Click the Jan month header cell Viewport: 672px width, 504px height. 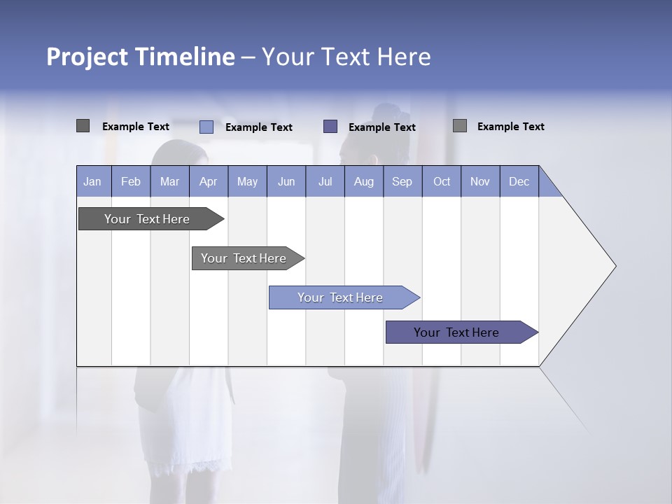click(93, 181)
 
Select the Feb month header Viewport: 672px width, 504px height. click(131, 181)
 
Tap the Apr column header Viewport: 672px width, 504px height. click(209, 181)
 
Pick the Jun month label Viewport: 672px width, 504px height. click(286, 181)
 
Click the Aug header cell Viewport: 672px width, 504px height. click(364, 181)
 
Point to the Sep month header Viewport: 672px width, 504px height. click(402, 181)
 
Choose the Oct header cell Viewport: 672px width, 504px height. click(442, 181)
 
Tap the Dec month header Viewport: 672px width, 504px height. click(519, 181)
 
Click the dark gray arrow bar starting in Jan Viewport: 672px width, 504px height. click(147, 219)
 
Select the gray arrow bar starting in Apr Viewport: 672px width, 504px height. click(244, 258)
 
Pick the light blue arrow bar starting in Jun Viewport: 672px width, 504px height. click(340, 297)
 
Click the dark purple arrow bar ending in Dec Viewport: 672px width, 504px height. click(456, 332)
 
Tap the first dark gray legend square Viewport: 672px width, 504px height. click(83, 126)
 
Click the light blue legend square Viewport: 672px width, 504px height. click(206, 127)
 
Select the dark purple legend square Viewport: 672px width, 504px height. click(330, 127)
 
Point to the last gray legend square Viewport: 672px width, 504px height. click(460, 126)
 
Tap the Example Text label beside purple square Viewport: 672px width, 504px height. click(382, 127)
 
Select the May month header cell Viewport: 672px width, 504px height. click(247, 181)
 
